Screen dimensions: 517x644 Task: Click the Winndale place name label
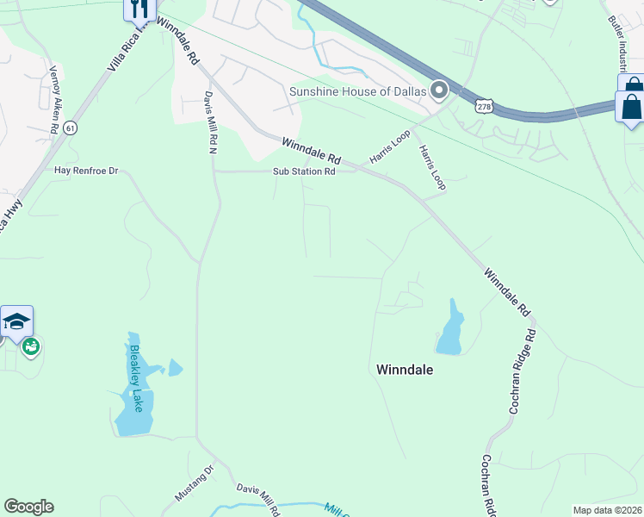coord(405,370)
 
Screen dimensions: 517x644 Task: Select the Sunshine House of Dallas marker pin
coord(439,90)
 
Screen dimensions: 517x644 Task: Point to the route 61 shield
coord(71,128)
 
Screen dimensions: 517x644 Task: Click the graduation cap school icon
coord(16,322)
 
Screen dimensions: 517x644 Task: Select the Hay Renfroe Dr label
coord(85,171)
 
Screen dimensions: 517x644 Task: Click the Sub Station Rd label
coord(304,171)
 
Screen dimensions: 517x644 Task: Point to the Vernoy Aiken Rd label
coord(53,100)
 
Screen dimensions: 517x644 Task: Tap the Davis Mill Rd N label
coord(210,123)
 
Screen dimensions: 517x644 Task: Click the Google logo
coord(28,507)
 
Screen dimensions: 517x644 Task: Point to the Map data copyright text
coord(607,510)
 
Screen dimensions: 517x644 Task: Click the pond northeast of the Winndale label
coord(450,328)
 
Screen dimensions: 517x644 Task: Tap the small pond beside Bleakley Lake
coord(175,368)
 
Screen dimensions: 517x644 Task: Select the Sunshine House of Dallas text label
coord(357,90)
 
